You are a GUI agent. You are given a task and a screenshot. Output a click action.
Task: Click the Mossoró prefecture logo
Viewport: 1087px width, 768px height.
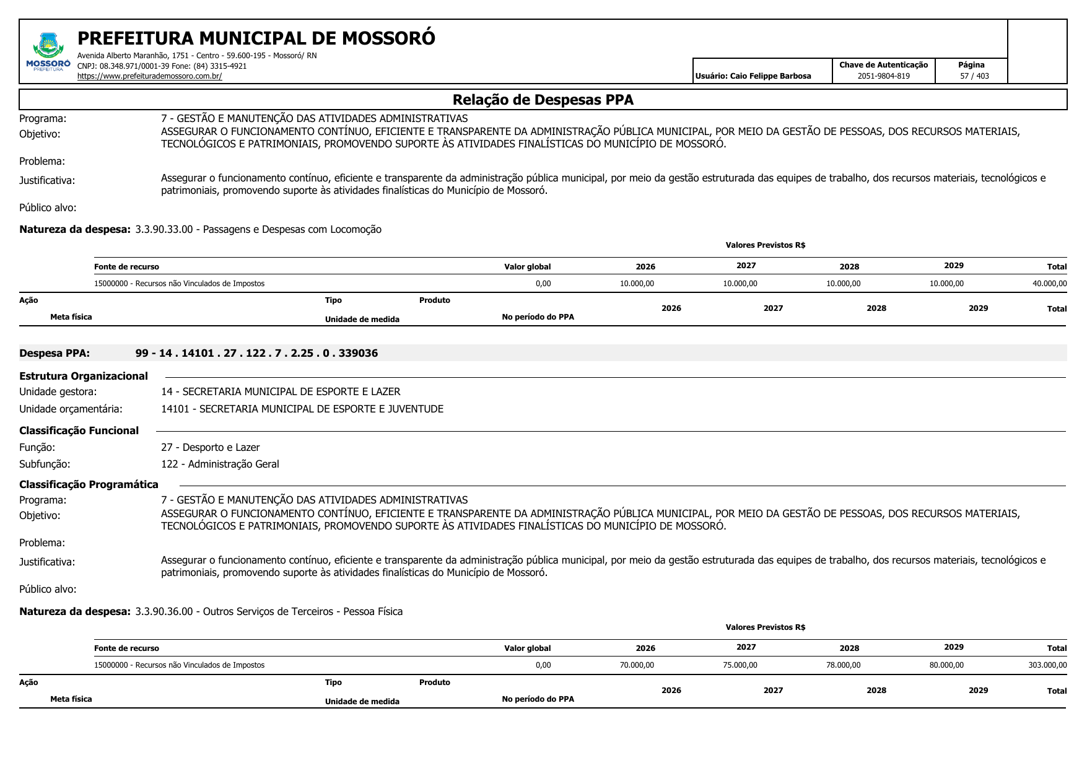48,52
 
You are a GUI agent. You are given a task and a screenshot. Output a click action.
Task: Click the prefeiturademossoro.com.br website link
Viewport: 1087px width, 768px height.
149,76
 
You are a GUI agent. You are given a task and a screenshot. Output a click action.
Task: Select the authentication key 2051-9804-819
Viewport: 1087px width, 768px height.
883,76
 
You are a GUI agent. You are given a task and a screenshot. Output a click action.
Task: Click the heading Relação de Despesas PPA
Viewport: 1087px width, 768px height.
543,100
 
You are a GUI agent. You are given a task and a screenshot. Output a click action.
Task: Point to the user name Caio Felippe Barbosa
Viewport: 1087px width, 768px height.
770,76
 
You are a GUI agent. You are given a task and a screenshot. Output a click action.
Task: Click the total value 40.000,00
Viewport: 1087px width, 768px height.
1049,284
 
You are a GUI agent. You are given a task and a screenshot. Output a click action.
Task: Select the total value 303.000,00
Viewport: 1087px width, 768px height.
1047,665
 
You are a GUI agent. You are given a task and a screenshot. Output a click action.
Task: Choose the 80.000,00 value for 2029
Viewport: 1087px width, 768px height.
946,665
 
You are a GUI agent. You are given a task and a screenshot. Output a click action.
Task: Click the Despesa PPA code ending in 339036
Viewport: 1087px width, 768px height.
256,353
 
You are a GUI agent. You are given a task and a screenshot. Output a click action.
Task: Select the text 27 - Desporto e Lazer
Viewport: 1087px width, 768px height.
210,447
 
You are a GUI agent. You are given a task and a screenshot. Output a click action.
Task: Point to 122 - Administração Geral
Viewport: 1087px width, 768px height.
220,464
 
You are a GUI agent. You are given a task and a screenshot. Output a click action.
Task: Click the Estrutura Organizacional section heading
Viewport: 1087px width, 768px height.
84,376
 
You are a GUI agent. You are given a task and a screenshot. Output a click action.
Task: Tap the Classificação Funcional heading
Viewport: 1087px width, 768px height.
79,430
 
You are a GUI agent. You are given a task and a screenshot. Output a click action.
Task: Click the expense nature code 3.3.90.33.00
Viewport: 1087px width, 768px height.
164,229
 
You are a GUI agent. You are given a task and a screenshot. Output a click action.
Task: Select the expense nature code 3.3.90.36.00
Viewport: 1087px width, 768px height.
164,611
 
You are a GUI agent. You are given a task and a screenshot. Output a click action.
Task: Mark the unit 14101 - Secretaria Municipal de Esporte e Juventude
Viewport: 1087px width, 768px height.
302,409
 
